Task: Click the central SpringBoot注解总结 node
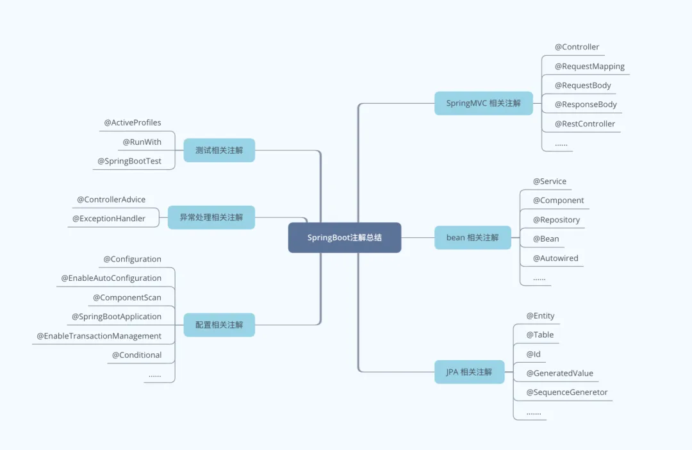pyautogui.click(x=345, y=237)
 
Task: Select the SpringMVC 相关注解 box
pyautogui.click(x=484, y=103)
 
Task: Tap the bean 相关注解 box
pyautogui.click(x=472, y=237)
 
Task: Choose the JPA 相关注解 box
pyautogui.click(x=469, y=372)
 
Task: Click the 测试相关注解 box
pyautogui.click(x=219, y=150)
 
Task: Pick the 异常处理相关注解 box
pyautogui.click(x=211, y=217)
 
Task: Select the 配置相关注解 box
pyautogui.click(x=219, y=325)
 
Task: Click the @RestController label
pyautogui.click(x=584, y=124)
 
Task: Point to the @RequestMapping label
pyautogui.click(x=589, y=66)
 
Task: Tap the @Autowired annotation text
pyautogui.click(x=556, y=258)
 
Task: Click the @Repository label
pyautogui.click(x=556, y=219)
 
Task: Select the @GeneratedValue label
pyautogui.click(x=559, y=373)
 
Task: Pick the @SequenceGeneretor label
pyautogui.click(x=567, y=392)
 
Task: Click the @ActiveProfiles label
pyautogui.click(x=133, y=122)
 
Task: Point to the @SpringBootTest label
pyautogui.click(x=129, y=161)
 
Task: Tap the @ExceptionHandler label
pyautogui.click(x=109, y=219)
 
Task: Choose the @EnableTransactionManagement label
pyautogui.click(x=99, y=336)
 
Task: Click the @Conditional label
pyautogui.click(x=136, y=355)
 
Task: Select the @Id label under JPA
pyautogui.click(x=534, y=354)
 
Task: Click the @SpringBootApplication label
pyautogui.click(x=117, y=317)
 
